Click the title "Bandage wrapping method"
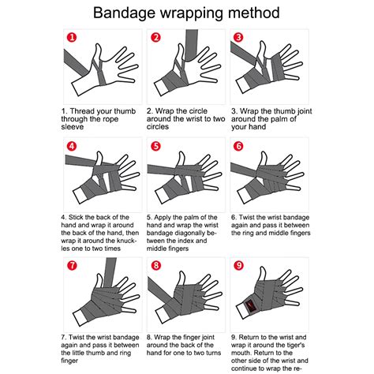coord(186,13)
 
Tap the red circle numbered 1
coord(72,37)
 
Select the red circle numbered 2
coord(155,37)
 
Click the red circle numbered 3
coord(237,37)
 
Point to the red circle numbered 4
coord(72,146)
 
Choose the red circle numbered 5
coord(155,146)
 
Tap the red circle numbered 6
coord(237,146)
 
